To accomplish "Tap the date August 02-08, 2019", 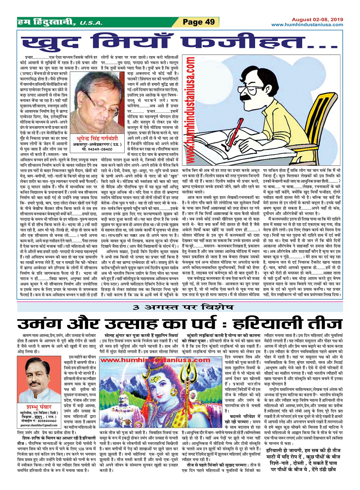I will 317,19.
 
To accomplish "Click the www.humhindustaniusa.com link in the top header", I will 307,24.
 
